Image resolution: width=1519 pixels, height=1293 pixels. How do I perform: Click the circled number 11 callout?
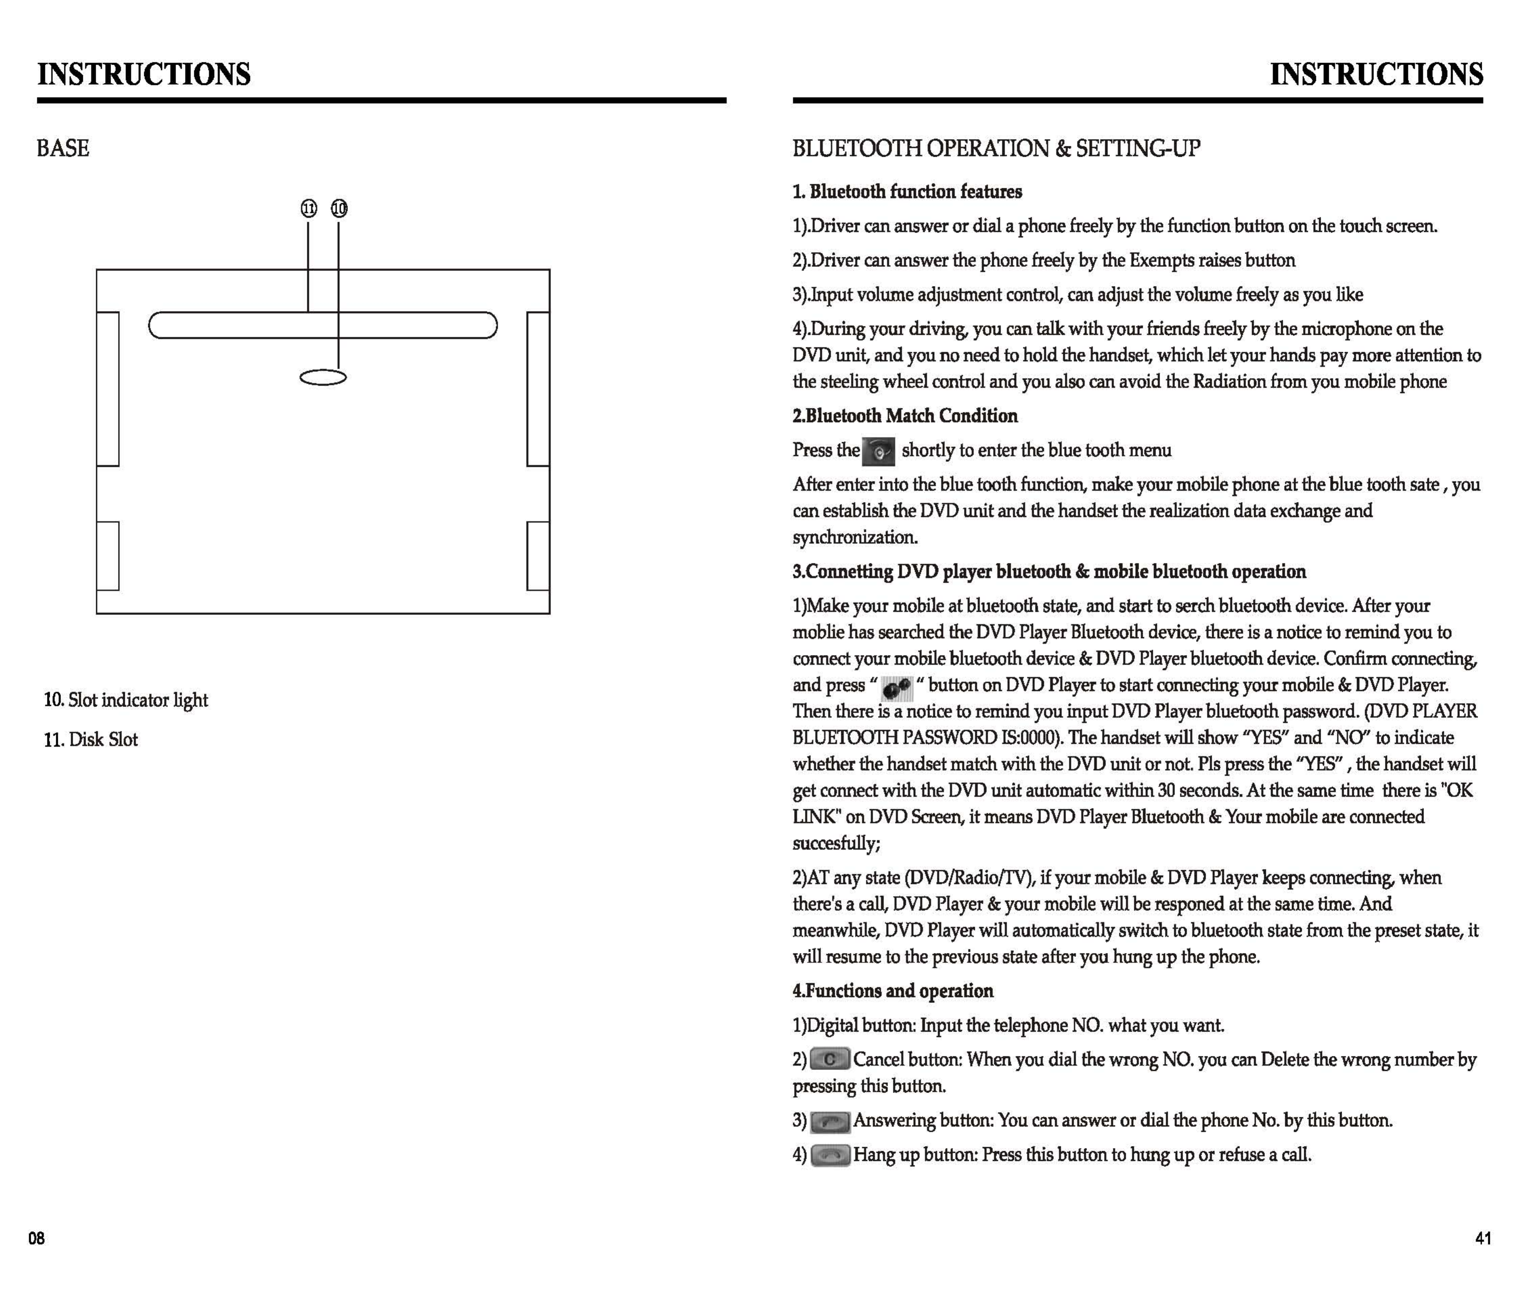click(309, 209)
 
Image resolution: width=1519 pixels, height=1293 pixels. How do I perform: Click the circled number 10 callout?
click(339, 209)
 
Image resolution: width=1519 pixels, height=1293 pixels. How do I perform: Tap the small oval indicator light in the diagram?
click(323, 377)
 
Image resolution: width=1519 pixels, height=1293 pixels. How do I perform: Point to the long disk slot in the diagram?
click(322, 325)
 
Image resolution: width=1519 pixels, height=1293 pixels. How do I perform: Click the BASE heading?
click(63, 149)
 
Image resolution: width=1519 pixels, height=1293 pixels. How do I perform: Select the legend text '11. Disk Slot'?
click(91, 740)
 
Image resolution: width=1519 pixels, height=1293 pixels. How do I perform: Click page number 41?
click(1483, 1239)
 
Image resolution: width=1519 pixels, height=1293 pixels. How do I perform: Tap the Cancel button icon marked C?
click(830, 1060)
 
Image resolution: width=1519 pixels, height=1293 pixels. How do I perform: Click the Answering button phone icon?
click(830, 1121)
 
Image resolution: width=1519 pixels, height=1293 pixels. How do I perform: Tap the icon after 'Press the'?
click(878, 452)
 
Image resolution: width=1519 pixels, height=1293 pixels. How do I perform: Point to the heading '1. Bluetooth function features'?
click(907, 192)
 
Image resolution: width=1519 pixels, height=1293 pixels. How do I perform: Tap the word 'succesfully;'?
click(836, 844)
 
